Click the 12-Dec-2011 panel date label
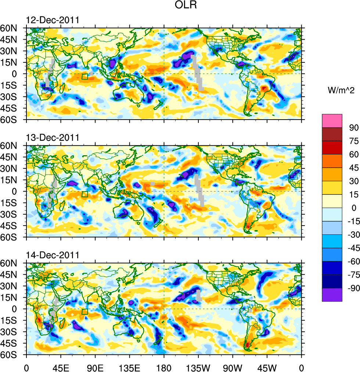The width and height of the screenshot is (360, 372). coord(52,20)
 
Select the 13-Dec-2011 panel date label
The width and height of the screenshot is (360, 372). coord(52,138)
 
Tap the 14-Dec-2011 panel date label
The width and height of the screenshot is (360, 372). coord(52,255)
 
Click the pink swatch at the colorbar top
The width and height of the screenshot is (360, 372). coord(332,121)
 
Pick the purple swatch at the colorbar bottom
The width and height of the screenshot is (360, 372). coord(332,295)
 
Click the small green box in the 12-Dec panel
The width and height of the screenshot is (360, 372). coord(85,77)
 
